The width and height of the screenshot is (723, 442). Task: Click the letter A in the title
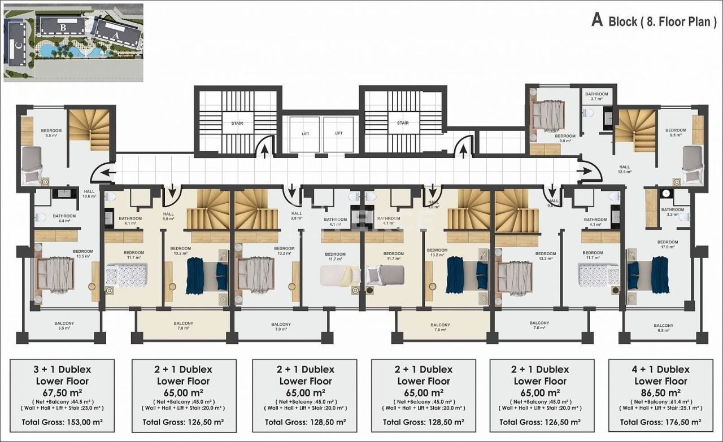(596, 20)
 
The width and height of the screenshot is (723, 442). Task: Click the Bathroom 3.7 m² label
(596, 96)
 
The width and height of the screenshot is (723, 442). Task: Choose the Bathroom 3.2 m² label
(672, 212)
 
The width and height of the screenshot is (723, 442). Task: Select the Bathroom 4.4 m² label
(64, 218)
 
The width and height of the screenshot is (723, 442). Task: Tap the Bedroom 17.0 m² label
(668, 244)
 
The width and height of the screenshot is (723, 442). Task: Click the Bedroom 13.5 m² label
(82, 253)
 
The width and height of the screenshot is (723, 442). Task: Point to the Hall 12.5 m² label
(624, 169)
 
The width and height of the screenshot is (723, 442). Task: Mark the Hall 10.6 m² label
(89, 194)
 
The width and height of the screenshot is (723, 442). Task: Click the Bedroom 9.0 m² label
(565, 138)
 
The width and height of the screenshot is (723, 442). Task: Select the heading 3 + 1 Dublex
(62, 370)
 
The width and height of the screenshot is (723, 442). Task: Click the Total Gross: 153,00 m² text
(62, 421)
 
